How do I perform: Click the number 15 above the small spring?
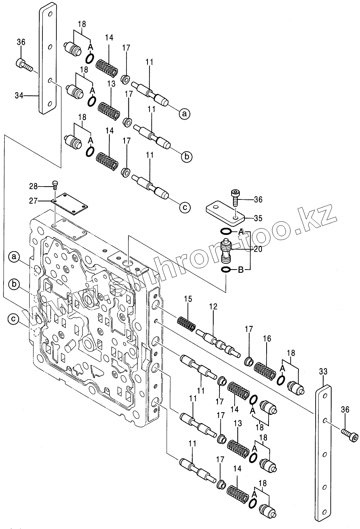[188, 299]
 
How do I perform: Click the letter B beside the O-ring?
[240, 270]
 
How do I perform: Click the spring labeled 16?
[265, 370]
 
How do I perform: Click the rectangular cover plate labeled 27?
[70, 204]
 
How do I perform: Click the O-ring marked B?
[225, 270]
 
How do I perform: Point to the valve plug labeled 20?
[225, 252]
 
